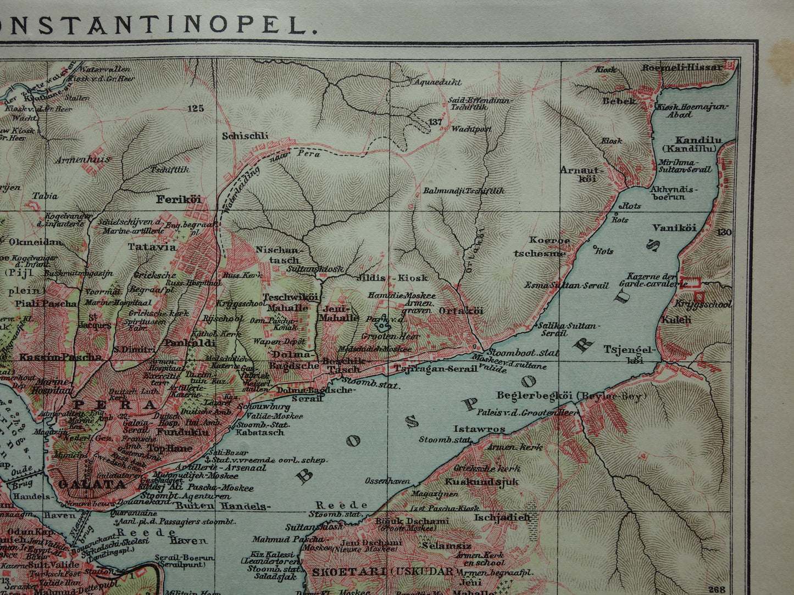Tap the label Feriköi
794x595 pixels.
tap(175, 199)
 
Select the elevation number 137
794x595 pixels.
tap(435, 122)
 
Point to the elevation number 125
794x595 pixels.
tap(195, 108)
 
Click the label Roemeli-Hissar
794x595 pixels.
tap(682, 68)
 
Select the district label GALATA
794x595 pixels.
tap(92, 485)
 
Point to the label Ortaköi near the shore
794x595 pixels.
tap(461, 311)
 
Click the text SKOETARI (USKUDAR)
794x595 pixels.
tap(384, 571)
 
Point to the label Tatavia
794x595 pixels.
tap(152, 247)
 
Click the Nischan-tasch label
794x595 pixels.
tap(278, 255)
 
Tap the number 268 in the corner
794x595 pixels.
tap(717, 589)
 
